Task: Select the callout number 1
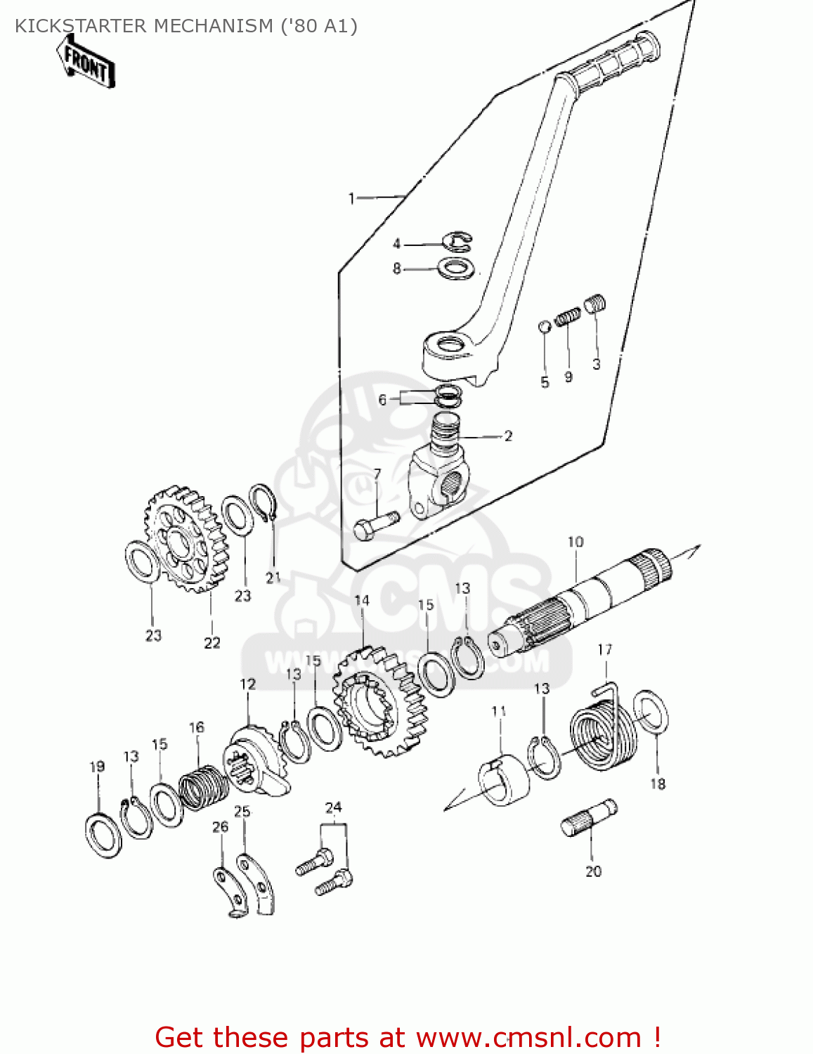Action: point(351,199)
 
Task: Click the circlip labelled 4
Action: point(458,241)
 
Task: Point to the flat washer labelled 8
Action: point(457,267)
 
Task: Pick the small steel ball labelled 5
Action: point(544,326)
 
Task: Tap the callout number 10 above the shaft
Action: point(575,542)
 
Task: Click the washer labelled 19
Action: point(103,835)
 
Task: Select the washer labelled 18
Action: point(651,711)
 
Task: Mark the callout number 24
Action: point(333,807)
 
